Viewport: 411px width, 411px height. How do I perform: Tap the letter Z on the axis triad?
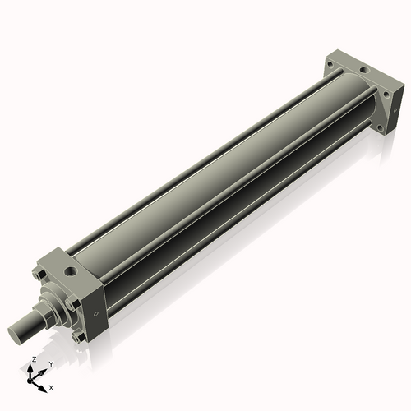pos(32,360)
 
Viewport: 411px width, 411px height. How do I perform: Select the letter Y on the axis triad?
pos(51,363)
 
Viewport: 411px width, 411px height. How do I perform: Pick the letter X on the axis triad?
pos(52,386)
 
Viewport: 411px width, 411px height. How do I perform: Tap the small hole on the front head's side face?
pos(96,312)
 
